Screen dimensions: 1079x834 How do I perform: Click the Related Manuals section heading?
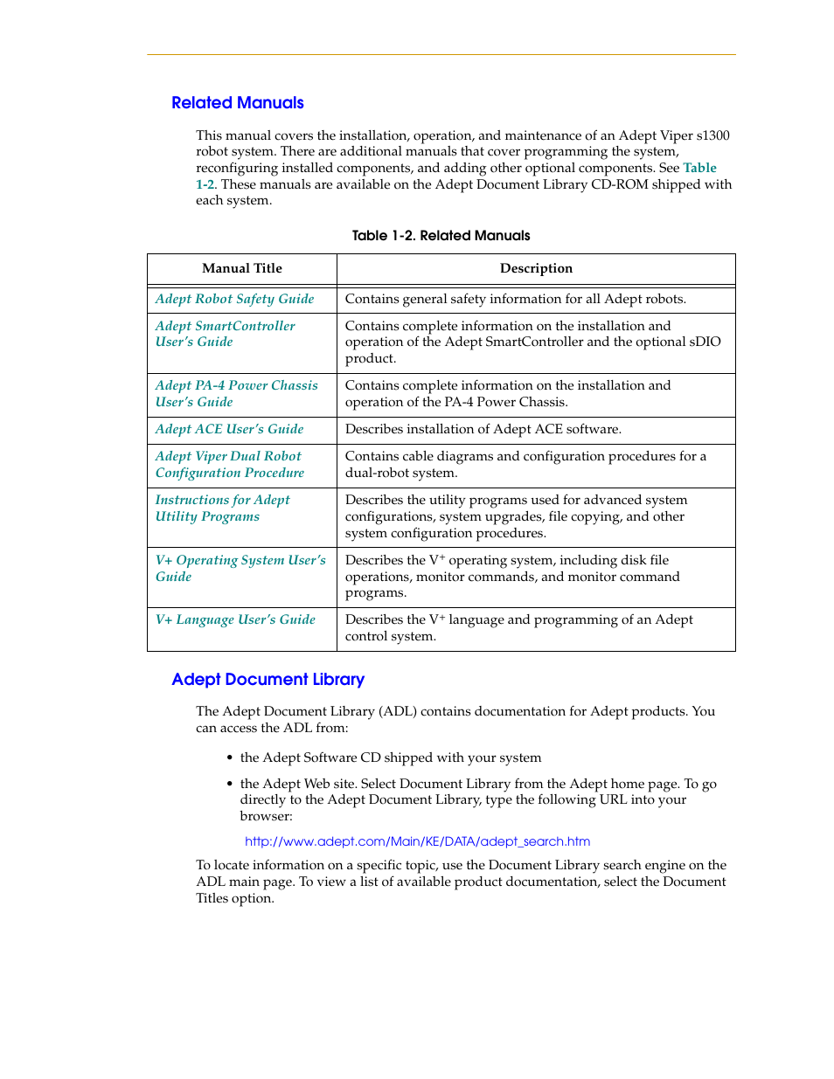pos(237,103)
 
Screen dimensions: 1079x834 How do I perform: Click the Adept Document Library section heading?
pos(268,680)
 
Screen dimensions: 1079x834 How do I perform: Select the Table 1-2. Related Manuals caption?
pos(441,236)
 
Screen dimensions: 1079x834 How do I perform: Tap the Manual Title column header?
pos(242,269)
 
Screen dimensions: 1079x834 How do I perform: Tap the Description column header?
pos(536,269)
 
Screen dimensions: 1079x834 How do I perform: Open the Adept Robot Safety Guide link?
pos(234,299)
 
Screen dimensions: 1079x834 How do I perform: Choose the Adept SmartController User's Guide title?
pos(225,334)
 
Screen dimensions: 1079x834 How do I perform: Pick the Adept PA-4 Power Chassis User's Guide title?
pos(236,394)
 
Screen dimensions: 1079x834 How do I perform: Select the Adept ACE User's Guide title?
pos(229,430)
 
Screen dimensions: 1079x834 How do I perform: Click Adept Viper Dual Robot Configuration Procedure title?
pos(229,465)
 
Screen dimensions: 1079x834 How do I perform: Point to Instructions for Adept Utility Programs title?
pos(222,508)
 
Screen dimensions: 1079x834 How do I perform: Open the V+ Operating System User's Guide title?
pos(240,568)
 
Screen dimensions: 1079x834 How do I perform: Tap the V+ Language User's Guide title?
pos(235,620)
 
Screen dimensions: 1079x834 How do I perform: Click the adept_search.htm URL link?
pos(417,841)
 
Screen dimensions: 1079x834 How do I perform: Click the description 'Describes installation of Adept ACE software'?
pos(483,430)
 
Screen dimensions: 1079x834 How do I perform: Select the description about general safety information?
pos(515,299)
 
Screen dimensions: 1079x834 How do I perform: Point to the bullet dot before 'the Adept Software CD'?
pos(229,758)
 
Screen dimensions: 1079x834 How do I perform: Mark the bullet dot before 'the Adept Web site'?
pos(229,785)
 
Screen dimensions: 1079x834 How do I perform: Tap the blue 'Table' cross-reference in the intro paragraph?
pos(699,168)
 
